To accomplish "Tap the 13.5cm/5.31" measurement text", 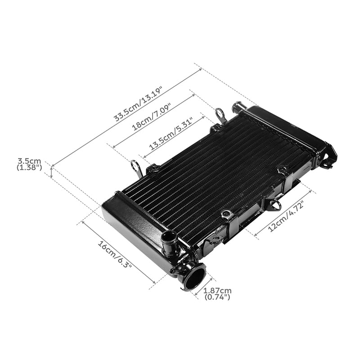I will [171, 134].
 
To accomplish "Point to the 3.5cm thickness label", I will [29, 161].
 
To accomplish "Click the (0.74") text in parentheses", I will [217, 297].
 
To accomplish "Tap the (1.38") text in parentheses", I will [29, 167].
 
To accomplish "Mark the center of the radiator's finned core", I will [216, 175].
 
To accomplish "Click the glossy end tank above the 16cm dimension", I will [130, 225].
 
